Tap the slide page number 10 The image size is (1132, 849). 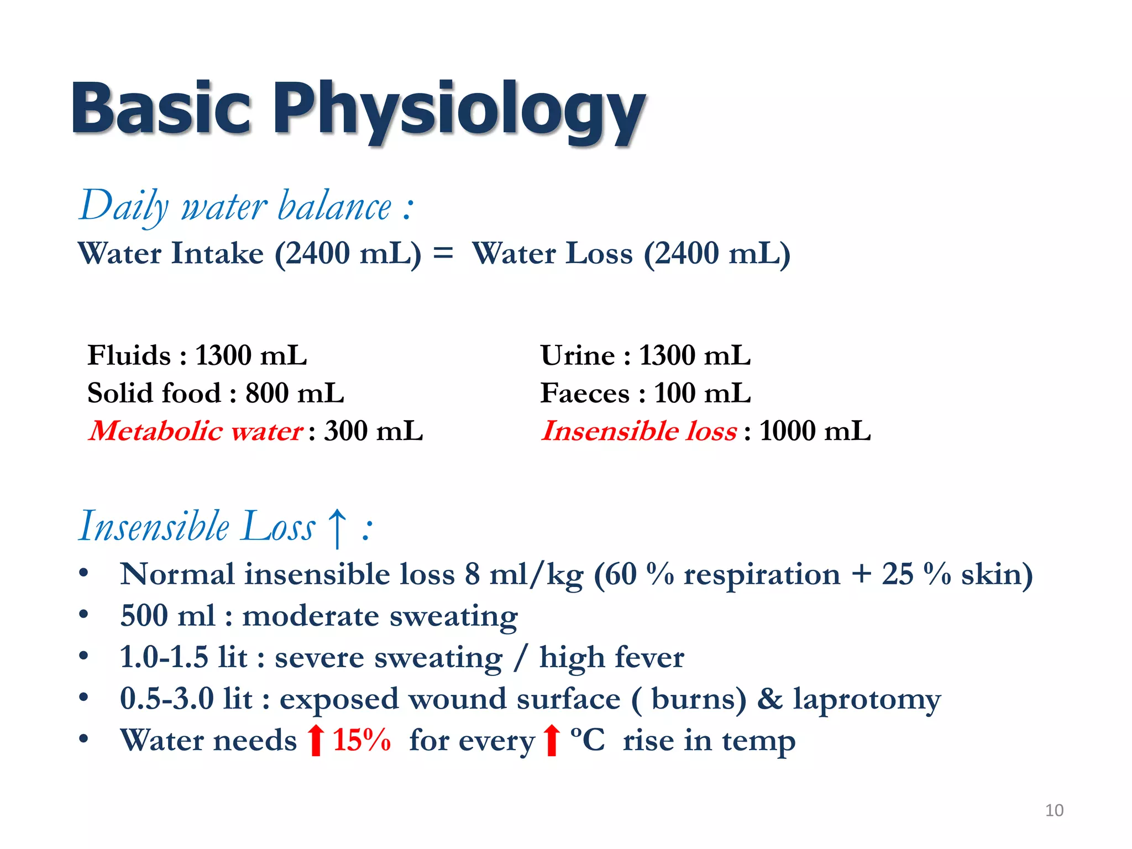click(x=1054, y=810)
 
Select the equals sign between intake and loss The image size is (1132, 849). click(x=443, y=254)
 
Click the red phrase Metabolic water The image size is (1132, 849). click(x=196, y=431)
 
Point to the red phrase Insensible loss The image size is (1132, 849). click(x=638, y=431)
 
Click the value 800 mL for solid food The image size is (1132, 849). click(x=295, y=393)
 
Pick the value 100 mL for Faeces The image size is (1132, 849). click(x=702, y=393)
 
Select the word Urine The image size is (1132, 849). click(x=577, y=355)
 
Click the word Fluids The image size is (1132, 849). click(x=129, y=355)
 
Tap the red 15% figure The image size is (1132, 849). click(x=361, y=740)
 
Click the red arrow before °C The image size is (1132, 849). click(x=551, y=740)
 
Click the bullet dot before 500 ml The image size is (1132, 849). click(x=83, y=614)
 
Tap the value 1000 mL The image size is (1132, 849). click(x=815, y=431)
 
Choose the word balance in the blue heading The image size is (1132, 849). click(x=334, y=206)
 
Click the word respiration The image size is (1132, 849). click(x=762, y=575)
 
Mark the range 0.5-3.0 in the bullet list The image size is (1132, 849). click(x=166, y=699)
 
